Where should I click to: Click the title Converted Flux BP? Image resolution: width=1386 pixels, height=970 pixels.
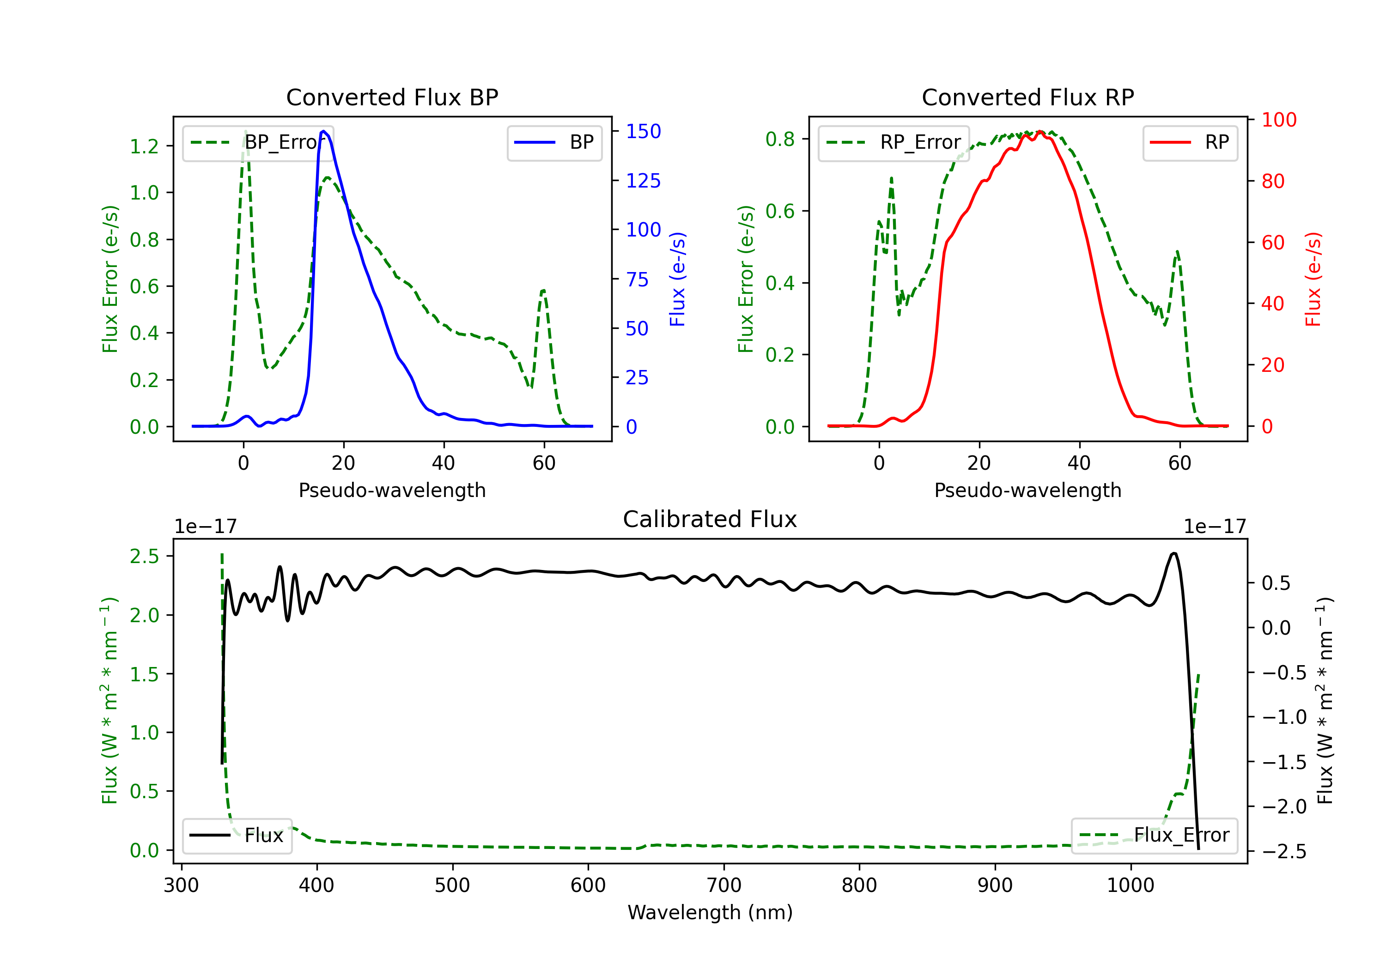click(392, 97)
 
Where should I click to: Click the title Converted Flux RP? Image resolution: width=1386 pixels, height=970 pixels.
click(1027, 97)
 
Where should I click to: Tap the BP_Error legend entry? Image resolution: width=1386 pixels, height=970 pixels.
click(258, 142)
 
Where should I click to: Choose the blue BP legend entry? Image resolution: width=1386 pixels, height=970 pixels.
click(554, 142)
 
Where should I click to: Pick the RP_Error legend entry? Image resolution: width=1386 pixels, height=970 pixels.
click(894, 142)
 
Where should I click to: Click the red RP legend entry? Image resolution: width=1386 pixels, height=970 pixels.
click(1190, 142)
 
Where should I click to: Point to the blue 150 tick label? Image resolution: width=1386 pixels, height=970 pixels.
click(643, 131)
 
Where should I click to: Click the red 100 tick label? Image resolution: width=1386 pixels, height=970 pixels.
click(1278, 120)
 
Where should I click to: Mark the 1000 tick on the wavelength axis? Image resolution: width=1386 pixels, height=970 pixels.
click(1130, 885)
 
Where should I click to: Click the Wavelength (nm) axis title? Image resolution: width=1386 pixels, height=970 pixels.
click(710, 912)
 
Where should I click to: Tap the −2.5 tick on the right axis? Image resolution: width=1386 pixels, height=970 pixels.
click(1284, 851)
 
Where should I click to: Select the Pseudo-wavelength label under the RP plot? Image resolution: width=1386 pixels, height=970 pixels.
click(1027, 490)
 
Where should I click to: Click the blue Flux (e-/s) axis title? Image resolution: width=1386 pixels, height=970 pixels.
click(677, 279)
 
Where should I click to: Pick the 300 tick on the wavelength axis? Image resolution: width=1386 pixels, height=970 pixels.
click(181, 885)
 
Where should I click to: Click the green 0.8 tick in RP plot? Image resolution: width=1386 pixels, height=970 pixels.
click(780, 139)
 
